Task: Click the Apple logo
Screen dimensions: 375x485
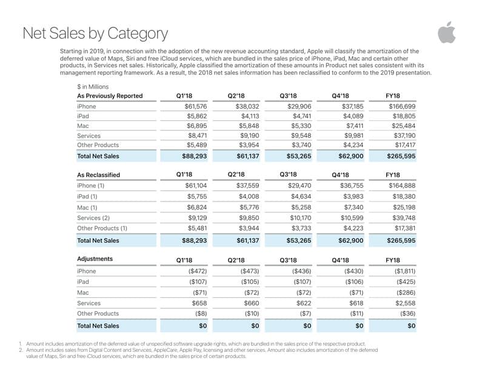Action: (446, 33)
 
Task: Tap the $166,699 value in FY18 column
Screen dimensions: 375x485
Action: (402, 107)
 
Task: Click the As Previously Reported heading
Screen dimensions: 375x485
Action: (110, 96)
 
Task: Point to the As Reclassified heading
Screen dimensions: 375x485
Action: (98, 175)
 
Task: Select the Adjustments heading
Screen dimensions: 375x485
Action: (95, 259)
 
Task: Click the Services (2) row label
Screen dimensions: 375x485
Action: (93, 218)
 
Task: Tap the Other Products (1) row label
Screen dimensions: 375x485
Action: (102, 229)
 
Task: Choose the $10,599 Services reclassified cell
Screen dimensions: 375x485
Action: (352, 218)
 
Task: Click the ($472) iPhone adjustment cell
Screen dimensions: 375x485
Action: (198, 271)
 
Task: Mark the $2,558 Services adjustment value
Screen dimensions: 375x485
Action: (404, 303)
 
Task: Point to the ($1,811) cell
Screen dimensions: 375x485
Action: (403, 271)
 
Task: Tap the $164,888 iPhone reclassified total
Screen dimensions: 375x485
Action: (402, 186)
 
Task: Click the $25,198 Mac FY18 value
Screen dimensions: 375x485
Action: (403, 208)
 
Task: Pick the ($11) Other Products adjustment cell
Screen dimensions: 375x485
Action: (356, 314)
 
